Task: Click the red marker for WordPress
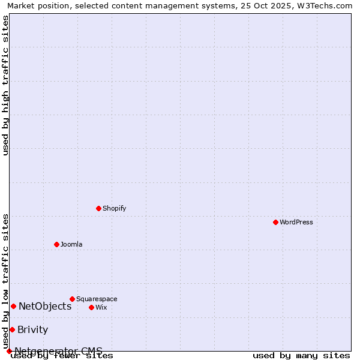coord(275,222)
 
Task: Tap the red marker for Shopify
coord(98,208)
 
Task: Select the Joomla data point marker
coord(56,244)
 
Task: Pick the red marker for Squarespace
coord(72,299)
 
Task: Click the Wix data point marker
coord(91,307)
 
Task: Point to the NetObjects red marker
coord(13,306)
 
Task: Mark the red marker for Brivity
coord(12,329)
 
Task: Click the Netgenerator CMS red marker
coord(9,351)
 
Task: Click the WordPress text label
coord(296,223)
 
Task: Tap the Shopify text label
coord(115,209)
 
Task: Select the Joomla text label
coord(71,245)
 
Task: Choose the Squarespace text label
coord(97,299)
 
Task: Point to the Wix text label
coord(101,308)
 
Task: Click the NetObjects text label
coord(45,307)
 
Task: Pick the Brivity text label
coord(32,330)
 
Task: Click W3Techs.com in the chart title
coord(323,6)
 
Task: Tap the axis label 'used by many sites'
coord(301,356)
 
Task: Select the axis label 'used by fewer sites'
coord(62,356)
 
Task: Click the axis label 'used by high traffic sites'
coord(6,85)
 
